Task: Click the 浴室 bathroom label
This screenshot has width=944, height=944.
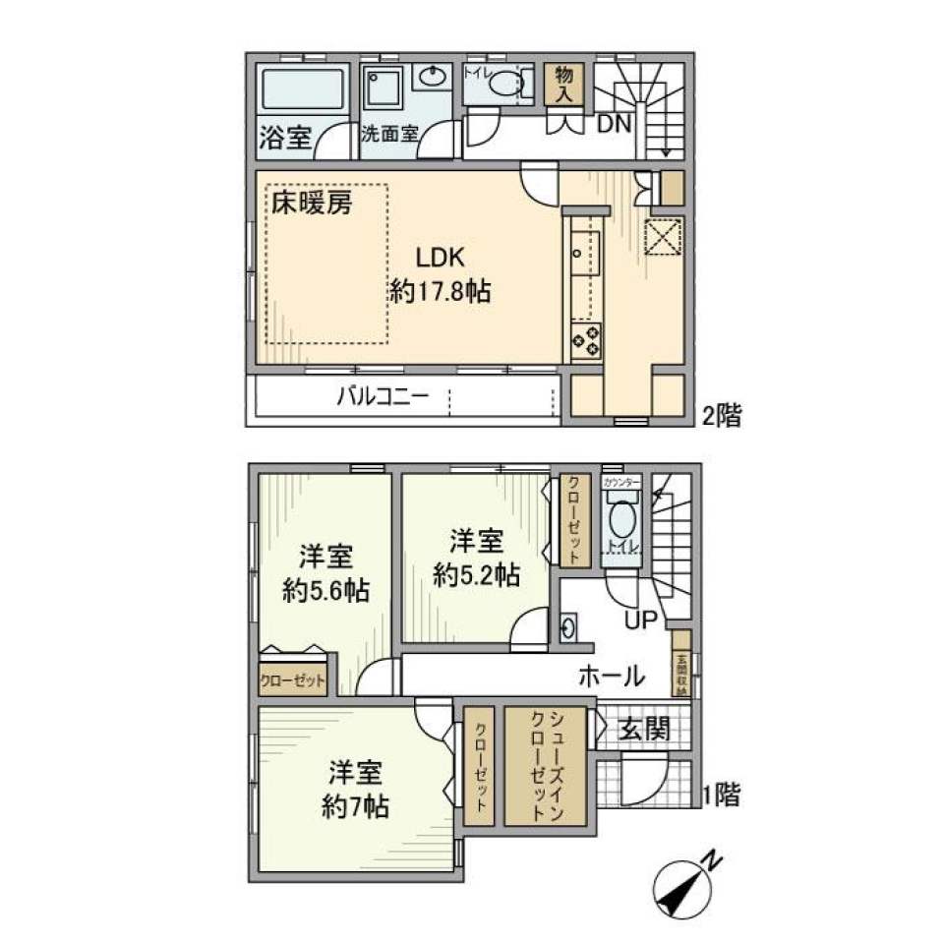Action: point(285,138)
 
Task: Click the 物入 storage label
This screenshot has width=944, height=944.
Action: point(564,84)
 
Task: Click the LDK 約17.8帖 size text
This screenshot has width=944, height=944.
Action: point(440,274)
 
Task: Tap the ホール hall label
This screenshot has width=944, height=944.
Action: point(611,677)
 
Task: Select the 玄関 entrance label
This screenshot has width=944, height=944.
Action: point(645,729)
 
